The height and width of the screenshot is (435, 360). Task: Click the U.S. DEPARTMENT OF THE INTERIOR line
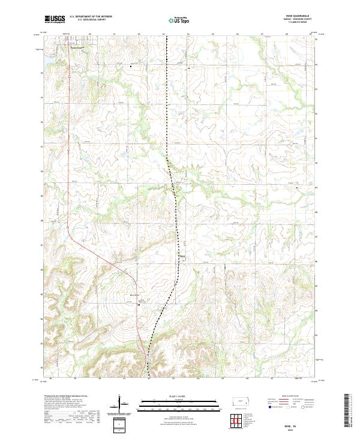pyautogui.click(x=91, y=17)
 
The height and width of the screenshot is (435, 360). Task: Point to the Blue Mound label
pyautogui.click(x=135, y=295)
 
